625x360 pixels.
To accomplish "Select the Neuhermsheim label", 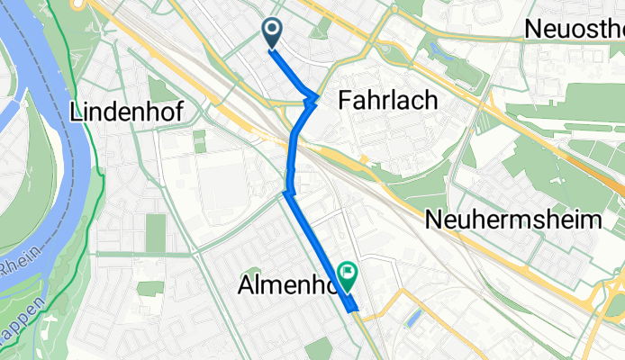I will click(513, 220).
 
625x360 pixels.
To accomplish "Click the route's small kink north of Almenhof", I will click(286, 192).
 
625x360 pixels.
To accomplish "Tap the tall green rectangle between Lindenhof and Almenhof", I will click(156, 232).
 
